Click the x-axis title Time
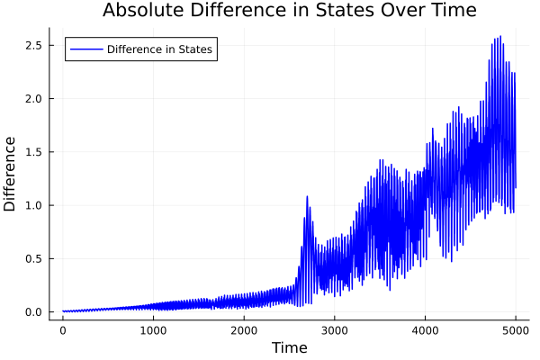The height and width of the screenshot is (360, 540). point(289,347)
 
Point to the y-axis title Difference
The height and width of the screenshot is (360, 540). point(11,174)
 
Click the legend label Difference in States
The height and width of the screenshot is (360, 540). point(159,49)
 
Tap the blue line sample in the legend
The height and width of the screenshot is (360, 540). point(85,49)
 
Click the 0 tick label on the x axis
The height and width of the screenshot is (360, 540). point(63,330)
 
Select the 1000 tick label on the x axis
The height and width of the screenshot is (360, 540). point(153,330)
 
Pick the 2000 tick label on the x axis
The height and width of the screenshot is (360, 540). point(244,330)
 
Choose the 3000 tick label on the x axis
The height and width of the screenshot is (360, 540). point(334,330)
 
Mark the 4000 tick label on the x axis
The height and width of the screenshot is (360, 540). point(425,330)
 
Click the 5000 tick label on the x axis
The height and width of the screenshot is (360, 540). point(515,330)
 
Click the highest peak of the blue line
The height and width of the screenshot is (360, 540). point(499,37)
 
